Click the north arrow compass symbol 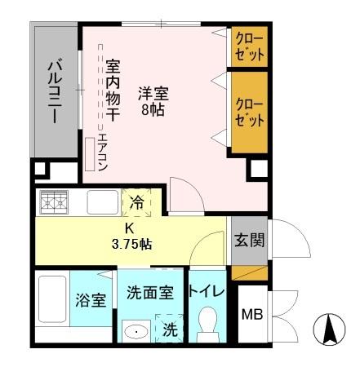click(330, 329)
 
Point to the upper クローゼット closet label click(249, 47)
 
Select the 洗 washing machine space click(169, 331)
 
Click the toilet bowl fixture click(206, 325)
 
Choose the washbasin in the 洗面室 click(136, 331)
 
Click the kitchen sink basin click(102, 201)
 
